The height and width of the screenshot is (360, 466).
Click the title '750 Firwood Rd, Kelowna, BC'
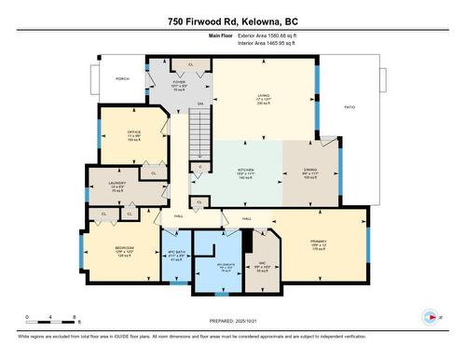(232, 21)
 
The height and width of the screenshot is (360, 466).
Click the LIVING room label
(263, 94)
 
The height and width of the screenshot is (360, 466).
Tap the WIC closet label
(262, 262)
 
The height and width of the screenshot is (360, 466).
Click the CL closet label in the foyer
(191, 64)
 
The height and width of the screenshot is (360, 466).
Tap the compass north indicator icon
(431, 317)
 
